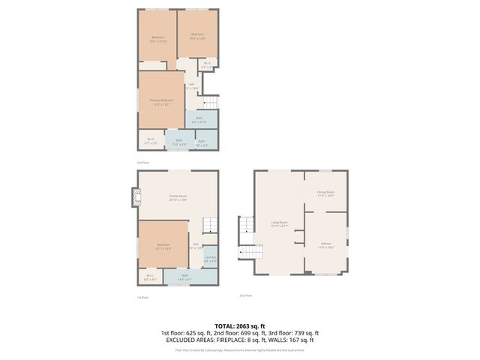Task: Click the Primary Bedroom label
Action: pos(160,101)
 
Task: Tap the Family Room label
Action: pos(178,198)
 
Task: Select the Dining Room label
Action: pos(325,193)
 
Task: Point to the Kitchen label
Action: pos(326,244)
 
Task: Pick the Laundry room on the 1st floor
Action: pos(210,259)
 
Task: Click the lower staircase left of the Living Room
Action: pos(245,253)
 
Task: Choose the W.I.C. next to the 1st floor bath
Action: pos(150,278)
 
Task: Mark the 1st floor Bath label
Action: pos(184,277)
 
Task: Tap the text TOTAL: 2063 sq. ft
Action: pos(239,325)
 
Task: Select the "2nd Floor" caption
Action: pos(245,295)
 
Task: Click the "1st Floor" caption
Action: pos(142,298)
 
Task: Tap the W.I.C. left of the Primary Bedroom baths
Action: pos(150,139)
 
